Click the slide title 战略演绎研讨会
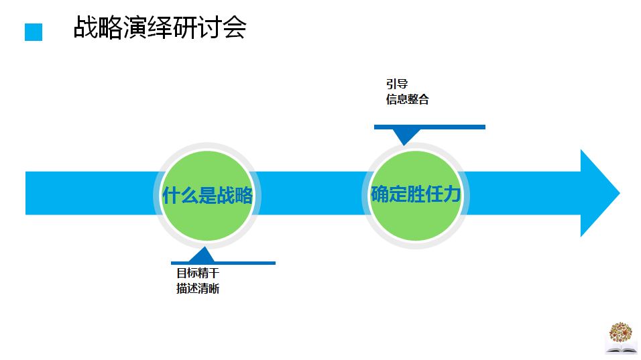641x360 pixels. tap(160, 29)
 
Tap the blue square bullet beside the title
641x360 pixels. tap(34, 32)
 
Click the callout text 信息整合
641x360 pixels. tap(407, 99)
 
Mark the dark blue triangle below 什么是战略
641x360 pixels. tap(201, 255)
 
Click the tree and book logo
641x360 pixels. tap(620, 338)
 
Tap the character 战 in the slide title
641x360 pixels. tap(84, 29)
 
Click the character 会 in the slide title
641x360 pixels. tap(235, 29)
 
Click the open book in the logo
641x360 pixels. tap(620, 349)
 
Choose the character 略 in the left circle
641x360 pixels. tap(243, 195)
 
